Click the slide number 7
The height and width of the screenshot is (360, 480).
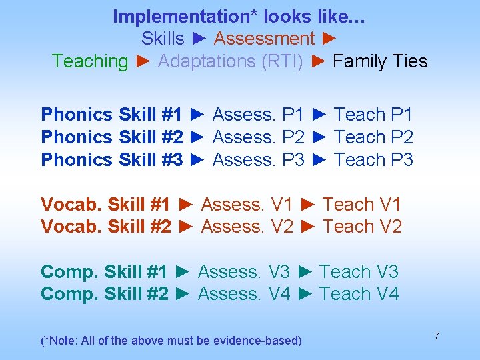437,336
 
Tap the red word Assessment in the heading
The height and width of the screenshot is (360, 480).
264,39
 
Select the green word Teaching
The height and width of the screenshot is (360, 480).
90,61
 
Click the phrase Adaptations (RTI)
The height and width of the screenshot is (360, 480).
231,61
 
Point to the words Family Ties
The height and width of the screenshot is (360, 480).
380,61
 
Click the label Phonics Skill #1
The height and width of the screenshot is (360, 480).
111,115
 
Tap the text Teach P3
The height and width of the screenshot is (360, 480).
373,160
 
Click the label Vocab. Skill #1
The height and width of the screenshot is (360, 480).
105,205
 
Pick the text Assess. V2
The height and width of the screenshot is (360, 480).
247,227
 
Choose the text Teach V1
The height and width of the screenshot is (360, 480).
362,205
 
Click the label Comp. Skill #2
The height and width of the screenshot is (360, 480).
105,294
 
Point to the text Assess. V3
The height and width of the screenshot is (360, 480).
244,272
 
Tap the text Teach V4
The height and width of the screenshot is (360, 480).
359,294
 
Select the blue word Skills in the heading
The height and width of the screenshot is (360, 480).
163,39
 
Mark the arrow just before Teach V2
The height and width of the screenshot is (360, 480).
307,227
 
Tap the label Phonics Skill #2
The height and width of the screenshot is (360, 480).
111,137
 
